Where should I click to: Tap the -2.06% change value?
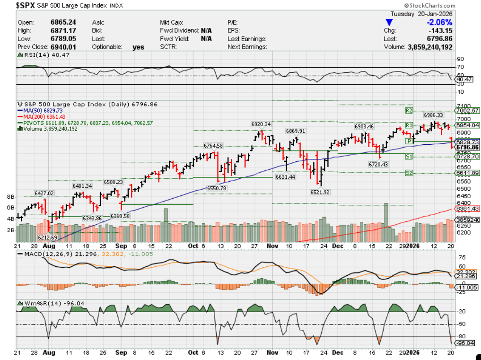click(439, 22)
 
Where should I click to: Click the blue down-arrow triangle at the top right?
click(389, 22)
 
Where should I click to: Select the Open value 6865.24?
click(63, 22)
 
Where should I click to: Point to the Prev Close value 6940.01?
click(63, 47)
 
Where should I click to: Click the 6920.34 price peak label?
click(261, 124)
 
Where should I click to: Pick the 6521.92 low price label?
click(320, 192)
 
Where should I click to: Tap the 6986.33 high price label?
click(433, 115)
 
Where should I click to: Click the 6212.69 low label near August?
click(47, 237)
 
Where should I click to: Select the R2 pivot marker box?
click(410, 110)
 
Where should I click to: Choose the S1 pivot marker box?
click(410, 156)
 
